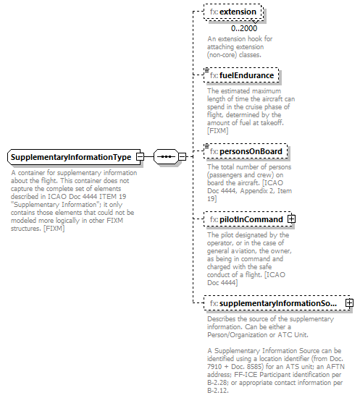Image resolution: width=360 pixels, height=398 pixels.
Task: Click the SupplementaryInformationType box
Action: click(70, 156)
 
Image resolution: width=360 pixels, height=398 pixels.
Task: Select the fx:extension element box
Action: click(233, 12)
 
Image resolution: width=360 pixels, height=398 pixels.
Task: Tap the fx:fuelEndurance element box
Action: click(241, 75)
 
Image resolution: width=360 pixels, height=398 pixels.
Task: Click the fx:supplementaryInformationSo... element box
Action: click(273, 302)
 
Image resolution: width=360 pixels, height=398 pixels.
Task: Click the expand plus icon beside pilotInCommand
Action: click(291, 219)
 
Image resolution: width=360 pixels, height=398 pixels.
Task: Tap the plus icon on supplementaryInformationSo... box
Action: click(349, 302)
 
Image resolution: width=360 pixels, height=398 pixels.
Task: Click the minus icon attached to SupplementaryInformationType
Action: click(140, 156)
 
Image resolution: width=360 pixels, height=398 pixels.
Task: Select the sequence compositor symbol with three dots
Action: click(166, 156)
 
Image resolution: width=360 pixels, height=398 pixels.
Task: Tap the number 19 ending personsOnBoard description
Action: click(212, 199)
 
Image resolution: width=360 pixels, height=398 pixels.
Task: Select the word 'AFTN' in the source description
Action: click(345, 366)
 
